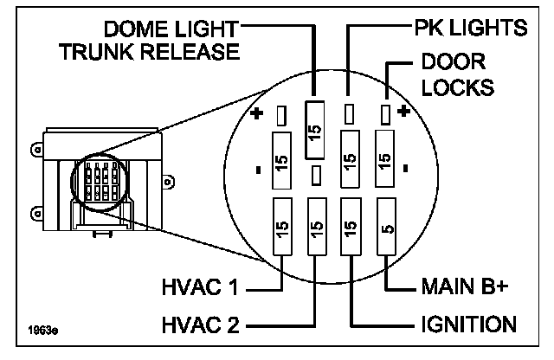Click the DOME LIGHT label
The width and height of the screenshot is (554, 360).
(171, 29)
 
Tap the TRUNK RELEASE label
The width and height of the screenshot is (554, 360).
(150, 52)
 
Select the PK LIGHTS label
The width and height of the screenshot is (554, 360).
(471, 28)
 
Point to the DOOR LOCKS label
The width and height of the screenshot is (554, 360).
(458, 74)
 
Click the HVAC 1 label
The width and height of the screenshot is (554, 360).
(200, 286)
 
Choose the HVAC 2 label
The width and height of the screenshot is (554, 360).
(200, 325)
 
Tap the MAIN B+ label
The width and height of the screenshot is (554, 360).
(465, 286)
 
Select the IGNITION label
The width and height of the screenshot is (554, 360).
(468, 324)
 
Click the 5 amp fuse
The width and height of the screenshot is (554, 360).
(387, 227)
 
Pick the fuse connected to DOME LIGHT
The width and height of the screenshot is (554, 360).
(314, 130)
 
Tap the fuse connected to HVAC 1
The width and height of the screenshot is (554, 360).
(282, 227)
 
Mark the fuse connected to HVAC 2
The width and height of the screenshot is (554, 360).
(317, 227)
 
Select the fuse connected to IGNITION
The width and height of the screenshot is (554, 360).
(351, 227)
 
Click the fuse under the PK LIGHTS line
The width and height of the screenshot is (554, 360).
(350, 159)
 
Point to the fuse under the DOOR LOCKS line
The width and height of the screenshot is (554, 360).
(384, 158)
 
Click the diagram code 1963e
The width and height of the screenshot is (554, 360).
(43, 331)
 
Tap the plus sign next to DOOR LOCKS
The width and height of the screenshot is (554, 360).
(403, 112)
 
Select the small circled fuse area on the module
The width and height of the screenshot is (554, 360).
(99, 183)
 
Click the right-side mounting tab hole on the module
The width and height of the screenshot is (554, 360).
(168, 182)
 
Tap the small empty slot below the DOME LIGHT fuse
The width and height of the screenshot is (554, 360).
(316, 176)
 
